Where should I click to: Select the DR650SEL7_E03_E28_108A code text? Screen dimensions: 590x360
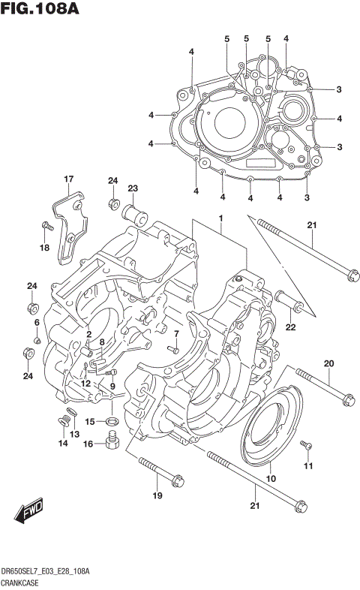pyautogui.click(x=46, y=572)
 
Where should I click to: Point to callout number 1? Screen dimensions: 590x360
pyautogui.click(x=221, y=218)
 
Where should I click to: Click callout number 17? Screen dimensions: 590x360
pyautogui.click(x=68, y=179)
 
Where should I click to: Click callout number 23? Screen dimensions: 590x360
pyautogui.click(x=133, y=188)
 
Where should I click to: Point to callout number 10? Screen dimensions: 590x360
pyautogui.click(x=271, y=479)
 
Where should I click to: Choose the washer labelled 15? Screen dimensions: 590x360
pyautogui.click(x=111, y=421)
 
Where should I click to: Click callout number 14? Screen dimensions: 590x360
pyautogui.click(x=63, y=444)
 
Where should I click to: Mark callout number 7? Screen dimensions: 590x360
pyautogui.click(x=176, y=334)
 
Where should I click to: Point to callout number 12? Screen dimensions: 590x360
pyautogui.click(x=85, y=384)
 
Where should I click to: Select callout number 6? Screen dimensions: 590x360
pyautogui.click(x=36, y=322)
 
